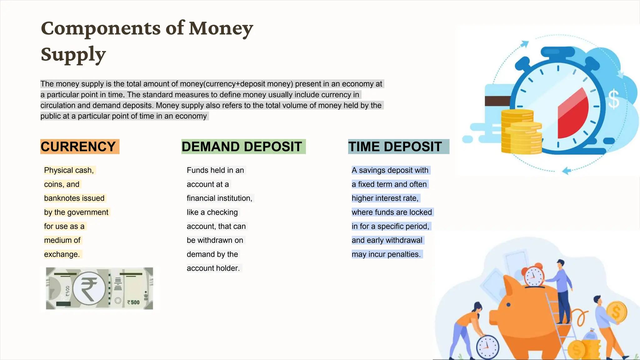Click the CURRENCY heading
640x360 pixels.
coord(78,147)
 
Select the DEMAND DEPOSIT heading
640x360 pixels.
coord(242,147)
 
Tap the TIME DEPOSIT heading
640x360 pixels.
coord(395,147)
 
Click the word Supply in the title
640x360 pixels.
coord(73,54)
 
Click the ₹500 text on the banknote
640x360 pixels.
coord(133,302)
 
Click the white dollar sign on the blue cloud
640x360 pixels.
coord(613,99)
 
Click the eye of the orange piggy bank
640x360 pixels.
coord(508,305)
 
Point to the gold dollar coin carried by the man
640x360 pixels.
coord(616,312)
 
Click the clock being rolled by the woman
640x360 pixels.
coord(487,347)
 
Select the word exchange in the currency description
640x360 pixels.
coord(61,254)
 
